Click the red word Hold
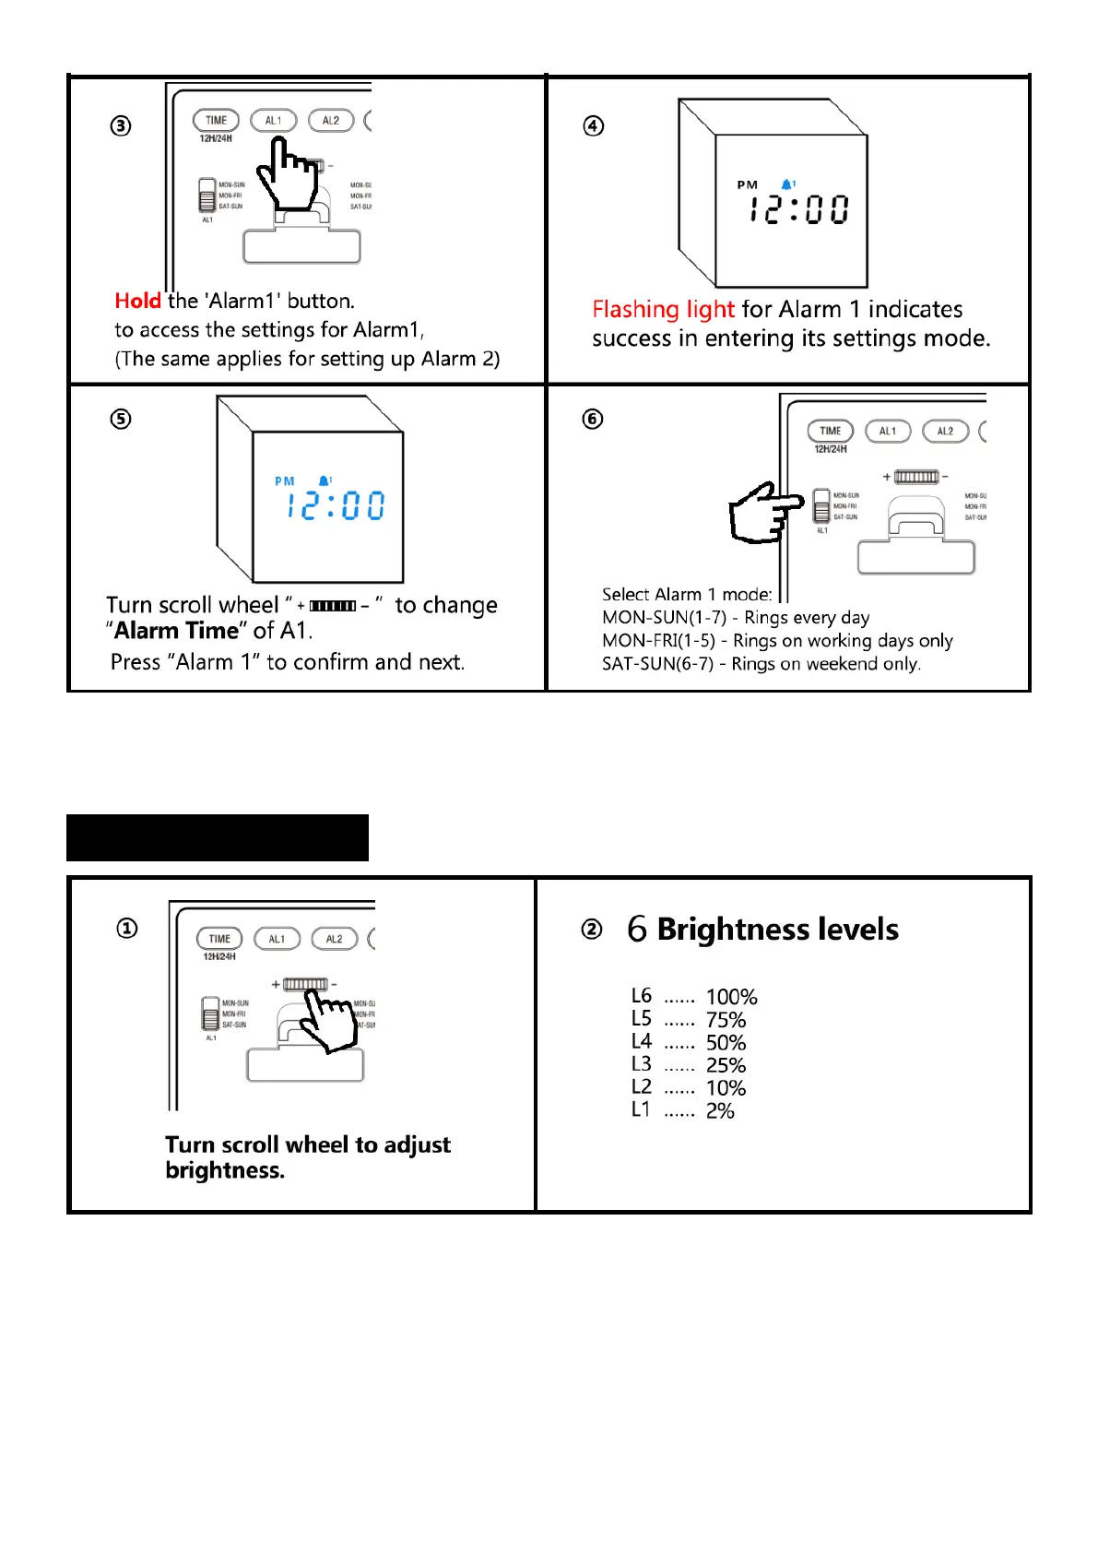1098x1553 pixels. pyautogui.click(x=137, y=301)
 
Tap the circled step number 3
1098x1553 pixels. pyautogui.click(x=121, y=125)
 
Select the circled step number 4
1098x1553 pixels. pyautogui.click(x=594, y=125)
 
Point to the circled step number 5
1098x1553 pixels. pyautogui.click(x=121, y=419)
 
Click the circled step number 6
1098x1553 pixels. pyautogui.click(x=593, y=419)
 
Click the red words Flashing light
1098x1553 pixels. pyautogui.click(x=663, y=309)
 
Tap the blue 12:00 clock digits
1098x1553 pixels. pyautogui.click(x=336, y=505)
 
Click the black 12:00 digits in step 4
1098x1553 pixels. pyautogui.click(x=798, y=209)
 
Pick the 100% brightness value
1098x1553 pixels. pyautogui.click(x=731, y=997)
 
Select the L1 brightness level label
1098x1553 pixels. pyautogui.click(x=641, y=1109)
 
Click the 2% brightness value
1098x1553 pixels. pyautogui.click(x=720, y=1111)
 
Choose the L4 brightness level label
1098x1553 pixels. pyautogui.click(x=641, y=1041)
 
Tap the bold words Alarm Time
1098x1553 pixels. pyautogui.click(x=176, y=631)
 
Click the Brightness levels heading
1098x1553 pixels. pyautogui.click(x=777, y=929)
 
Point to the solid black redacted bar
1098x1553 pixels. pyautogui.click(x=218, y=837)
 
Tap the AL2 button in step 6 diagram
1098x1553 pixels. pyautogui.click(x=945, y=431)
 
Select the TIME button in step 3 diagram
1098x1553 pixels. pyautogui.click(x=216, y=121)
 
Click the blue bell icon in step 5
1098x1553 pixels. pyautogui.click(x=324, y=480)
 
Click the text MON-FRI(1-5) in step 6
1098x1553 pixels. pyautogui.click(x=658, y=640)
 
